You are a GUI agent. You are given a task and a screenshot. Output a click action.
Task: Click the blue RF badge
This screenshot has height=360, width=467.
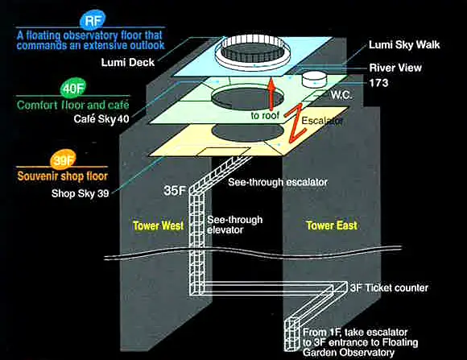tap(93, 21)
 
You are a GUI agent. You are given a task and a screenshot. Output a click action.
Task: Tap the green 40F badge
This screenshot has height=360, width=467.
tap(72, 88)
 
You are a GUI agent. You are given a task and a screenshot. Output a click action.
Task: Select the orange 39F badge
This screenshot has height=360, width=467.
tap(63, 160)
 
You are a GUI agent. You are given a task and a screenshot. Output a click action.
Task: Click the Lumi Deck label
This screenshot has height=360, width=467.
tap(128, 63)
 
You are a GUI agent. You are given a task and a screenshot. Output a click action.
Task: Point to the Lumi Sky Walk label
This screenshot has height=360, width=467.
tap(404, 45)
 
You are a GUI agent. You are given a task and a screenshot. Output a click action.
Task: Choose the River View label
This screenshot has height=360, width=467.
tap(395, 68)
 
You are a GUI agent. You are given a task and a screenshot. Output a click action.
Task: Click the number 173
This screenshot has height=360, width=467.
tap(379, 82)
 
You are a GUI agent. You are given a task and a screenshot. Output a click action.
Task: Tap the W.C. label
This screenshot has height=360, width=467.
tap(341, 95)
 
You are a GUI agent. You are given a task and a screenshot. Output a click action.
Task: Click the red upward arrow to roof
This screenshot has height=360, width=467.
tap(271, 94)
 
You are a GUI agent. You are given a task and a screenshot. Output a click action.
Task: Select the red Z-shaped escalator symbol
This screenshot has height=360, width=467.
tap(295, 124)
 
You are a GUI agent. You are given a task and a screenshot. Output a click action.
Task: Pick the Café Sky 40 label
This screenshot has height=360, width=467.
tap(101, 119)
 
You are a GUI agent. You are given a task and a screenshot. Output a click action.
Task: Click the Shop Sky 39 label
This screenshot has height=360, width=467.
tap(81, 193)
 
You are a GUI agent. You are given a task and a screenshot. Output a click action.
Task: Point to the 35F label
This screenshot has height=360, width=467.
tap(175, 191)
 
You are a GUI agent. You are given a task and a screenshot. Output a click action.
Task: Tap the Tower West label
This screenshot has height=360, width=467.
tap(158, 226)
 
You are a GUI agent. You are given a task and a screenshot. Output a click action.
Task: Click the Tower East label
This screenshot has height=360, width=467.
tap(332, 226)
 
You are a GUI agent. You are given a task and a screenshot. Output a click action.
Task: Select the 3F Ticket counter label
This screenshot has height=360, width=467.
tap(389, 288)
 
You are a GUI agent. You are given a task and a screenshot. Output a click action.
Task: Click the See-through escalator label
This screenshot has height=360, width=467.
tap(278, 182)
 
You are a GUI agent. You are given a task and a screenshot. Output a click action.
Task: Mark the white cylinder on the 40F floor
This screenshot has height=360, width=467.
tap(314, 79)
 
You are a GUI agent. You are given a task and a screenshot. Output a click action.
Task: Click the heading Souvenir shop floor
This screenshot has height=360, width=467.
tap(62, 176)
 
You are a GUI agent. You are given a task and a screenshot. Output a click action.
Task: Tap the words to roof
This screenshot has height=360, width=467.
tap(265, 115)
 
